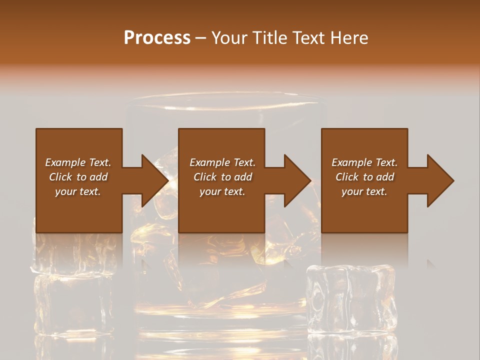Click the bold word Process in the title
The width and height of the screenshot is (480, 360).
point(157,37)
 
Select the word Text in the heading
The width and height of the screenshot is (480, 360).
point(309,37)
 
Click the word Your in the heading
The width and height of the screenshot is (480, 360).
point(228,37)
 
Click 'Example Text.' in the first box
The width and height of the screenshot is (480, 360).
point(78,162)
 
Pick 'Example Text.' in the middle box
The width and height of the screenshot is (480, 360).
point(222,162)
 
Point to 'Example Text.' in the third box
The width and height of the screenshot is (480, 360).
point(364,162)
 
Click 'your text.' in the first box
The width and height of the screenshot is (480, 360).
point(78,191)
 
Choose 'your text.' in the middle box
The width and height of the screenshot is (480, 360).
point(222,191)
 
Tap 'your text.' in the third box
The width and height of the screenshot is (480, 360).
point(364,191)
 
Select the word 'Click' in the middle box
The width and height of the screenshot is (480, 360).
point(205,177)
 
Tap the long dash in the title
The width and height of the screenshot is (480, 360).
point(200,38)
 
